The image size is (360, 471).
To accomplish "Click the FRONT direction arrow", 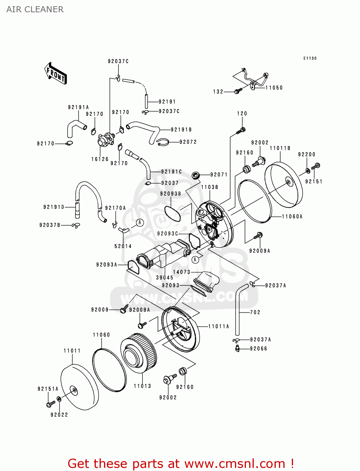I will click(x=56, y=73).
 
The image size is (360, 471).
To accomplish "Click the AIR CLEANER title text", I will click(x=35, y=9).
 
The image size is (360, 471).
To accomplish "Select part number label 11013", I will click(x=142, y=386).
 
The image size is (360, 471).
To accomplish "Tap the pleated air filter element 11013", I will click(x=139, y=353).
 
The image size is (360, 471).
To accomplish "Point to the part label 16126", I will click(x=100, y=159).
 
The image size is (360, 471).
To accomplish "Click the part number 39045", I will click(x=165, y=278).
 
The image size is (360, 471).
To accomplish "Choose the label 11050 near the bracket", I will click(x=274, y=88).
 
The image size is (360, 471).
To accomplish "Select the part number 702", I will click(x=255, y=312).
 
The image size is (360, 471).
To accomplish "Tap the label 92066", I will click(x=259, y=349).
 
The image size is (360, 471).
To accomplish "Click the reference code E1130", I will click(x=310, y=58).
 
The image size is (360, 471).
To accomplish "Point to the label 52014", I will click(x=123, y=246).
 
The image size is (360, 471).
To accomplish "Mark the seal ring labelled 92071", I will click(x=196, y=175).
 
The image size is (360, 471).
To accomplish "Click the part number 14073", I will click(x=182, y=272).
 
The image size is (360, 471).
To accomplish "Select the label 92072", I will click(x=188, y=142).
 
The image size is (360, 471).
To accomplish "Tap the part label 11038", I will click(x=210, y=187).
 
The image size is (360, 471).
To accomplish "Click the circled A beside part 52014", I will click(x=140, y=223).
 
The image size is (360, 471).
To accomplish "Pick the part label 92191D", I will click(x=54, y=207).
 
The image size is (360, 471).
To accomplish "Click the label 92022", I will click(x=59, y=414).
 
